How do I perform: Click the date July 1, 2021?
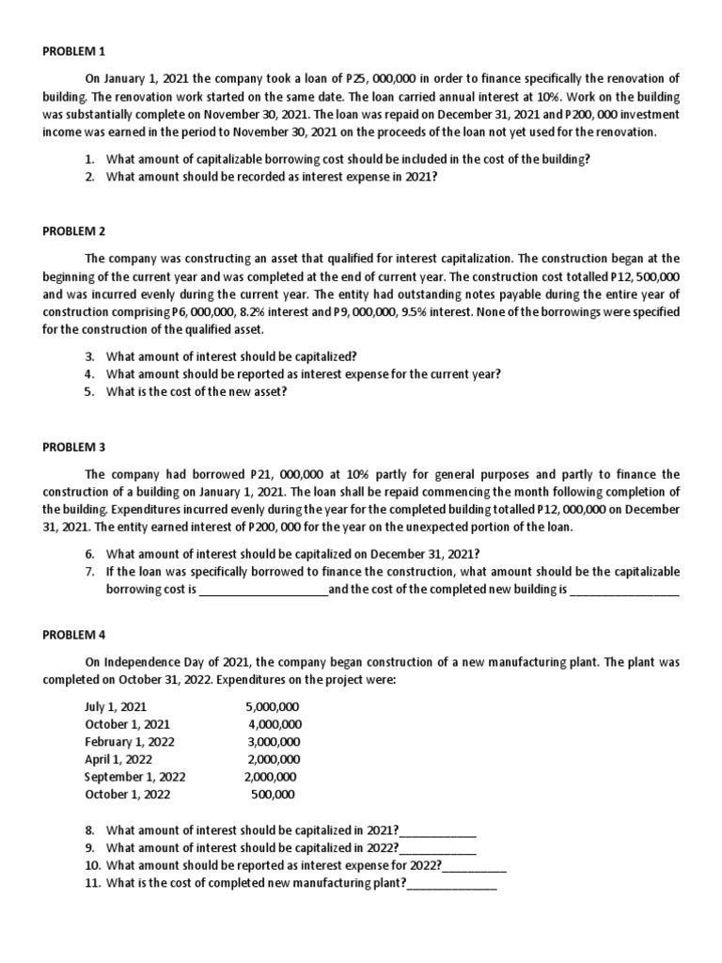[116, 706]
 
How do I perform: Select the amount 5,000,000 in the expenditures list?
[273, 706]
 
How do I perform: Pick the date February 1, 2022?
[129, 741]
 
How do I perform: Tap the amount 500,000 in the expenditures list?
[273, 795]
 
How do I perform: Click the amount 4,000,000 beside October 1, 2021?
[275, 724]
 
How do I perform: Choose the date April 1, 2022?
[118, 759]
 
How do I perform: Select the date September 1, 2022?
[134, 777]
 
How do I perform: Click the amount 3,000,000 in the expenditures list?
[274, 741]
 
